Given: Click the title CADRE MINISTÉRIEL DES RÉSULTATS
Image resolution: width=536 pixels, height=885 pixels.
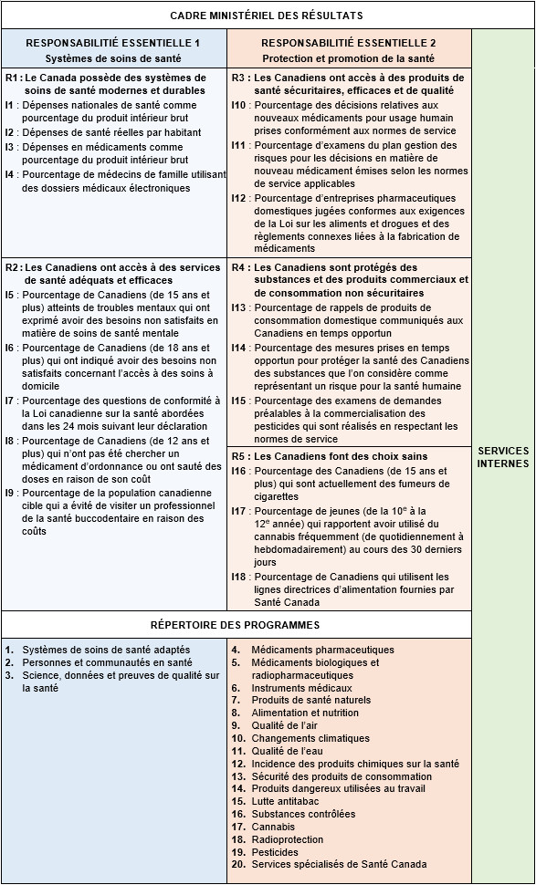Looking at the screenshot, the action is point(267,16).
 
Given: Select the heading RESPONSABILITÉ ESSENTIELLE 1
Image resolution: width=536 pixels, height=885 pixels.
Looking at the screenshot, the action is point(113,43).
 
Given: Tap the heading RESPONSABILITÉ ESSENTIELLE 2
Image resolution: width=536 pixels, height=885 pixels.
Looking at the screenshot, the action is point(349,43).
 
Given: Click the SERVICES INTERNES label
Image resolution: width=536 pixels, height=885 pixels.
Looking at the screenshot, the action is point(503,457).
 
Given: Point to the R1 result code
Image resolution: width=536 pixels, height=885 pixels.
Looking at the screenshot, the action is point(12,78).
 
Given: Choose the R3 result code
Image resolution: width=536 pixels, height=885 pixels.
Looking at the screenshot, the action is point(239,78).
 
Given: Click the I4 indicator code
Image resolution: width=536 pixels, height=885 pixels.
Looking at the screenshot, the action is point(10,175).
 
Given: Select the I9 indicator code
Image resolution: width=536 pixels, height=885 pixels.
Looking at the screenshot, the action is point(10,494).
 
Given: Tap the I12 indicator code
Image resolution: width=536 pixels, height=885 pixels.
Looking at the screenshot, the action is point(239,198).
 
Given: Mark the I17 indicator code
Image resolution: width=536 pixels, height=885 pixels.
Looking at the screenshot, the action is point(239,511).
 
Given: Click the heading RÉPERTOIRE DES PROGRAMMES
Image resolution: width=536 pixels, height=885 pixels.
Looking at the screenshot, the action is point(235,625).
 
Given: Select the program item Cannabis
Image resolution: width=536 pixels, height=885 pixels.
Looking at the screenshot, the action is point(274,827).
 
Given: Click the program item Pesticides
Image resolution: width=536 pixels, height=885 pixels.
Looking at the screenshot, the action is point(275,852).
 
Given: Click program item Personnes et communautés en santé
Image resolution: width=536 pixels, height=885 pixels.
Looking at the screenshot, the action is point(107,662).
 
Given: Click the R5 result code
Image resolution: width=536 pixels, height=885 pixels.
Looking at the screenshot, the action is point(239,456).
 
